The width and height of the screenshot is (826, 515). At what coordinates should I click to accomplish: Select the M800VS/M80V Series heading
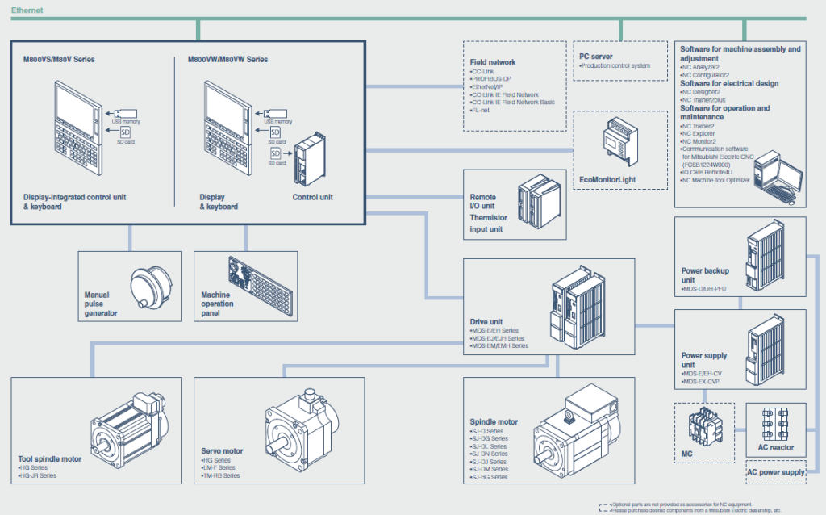tap(60, 60)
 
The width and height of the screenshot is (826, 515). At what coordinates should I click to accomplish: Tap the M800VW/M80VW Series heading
tap(227, 60)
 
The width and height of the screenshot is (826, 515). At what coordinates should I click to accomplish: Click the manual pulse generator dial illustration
tap(151, 284)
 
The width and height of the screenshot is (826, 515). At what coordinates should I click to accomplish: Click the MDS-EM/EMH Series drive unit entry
tap(500, 345)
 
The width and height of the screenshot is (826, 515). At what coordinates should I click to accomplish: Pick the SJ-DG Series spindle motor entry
tap(490, 438)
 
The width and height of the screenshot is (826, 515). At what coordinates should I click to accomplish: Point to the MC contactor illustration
tap(703, 428)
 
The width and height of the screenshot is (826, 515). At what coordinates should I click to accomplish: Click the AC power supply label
tap(775, 472)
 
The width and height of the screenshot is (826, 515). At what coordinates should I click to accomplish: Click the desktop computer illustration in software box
tap(775, 174)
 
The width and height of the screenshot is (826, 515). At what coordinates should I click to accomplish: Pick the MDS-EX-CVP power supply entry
tap(705, 381)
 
